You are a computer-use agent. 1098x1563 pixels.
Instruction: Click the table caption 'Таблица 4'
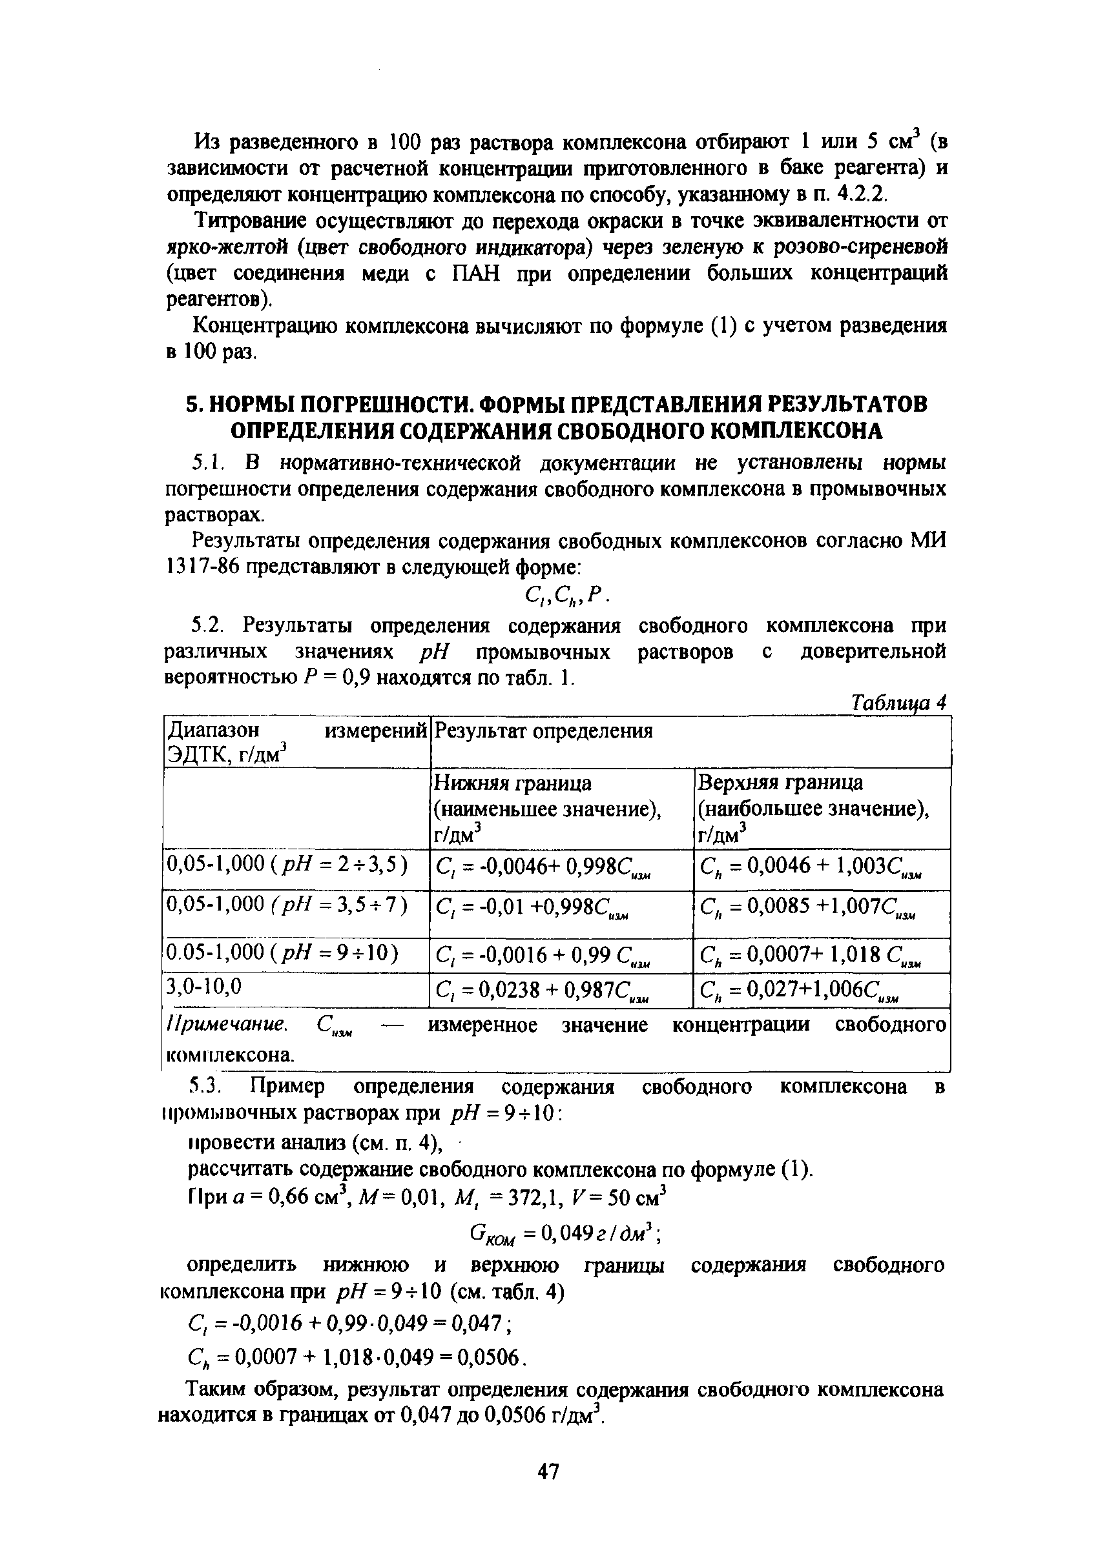click(898, 703)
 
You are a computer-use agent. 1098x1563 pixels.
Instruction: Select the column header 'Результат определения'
click(543, 731)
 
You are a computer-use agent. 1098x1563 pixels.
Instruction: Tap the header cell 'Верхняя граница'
click(780, 783)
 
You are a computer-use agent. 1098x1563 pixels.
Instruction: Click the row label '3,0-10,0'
click(205, 987)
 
